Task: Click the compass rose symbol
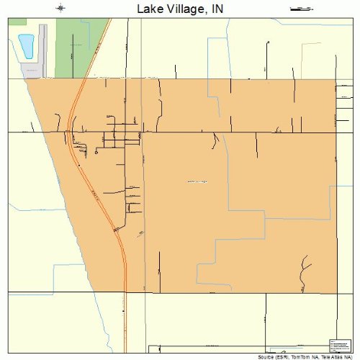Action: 62,8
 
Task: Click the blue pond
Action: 27,47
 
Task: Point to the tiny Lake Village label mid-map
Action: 197,181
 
